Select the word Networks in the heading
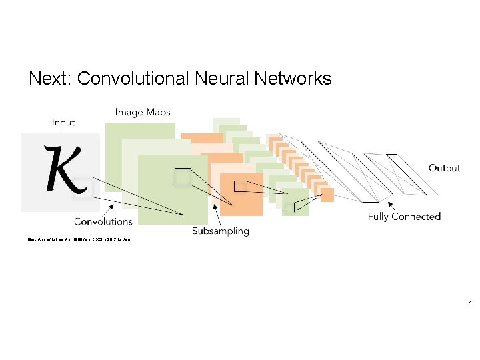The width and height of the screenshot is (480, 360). tap(293, 79)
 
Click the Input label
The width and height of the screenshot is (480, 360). tap(63, 123)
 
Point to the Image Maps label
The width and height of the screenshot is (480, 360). tap(142, 112)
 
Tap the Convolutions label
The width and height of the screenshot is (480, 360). tap(103, 221)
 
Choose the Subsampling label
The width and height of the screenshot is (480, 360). tap(220, 231)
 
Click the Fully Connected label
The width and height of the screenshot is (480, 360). tap(404, 217)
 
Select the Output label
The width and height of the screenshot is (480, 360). tap(444, 168)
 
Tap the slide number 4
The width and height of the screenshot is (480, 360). tap(470, 304)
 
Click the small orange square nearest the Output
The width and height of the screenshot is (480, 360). tap(327, 195)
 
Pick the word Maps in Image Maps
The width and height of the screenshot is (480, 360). tap(157, 112)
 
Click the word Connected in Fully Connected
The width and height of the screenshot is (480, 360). tap(416, 217)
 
